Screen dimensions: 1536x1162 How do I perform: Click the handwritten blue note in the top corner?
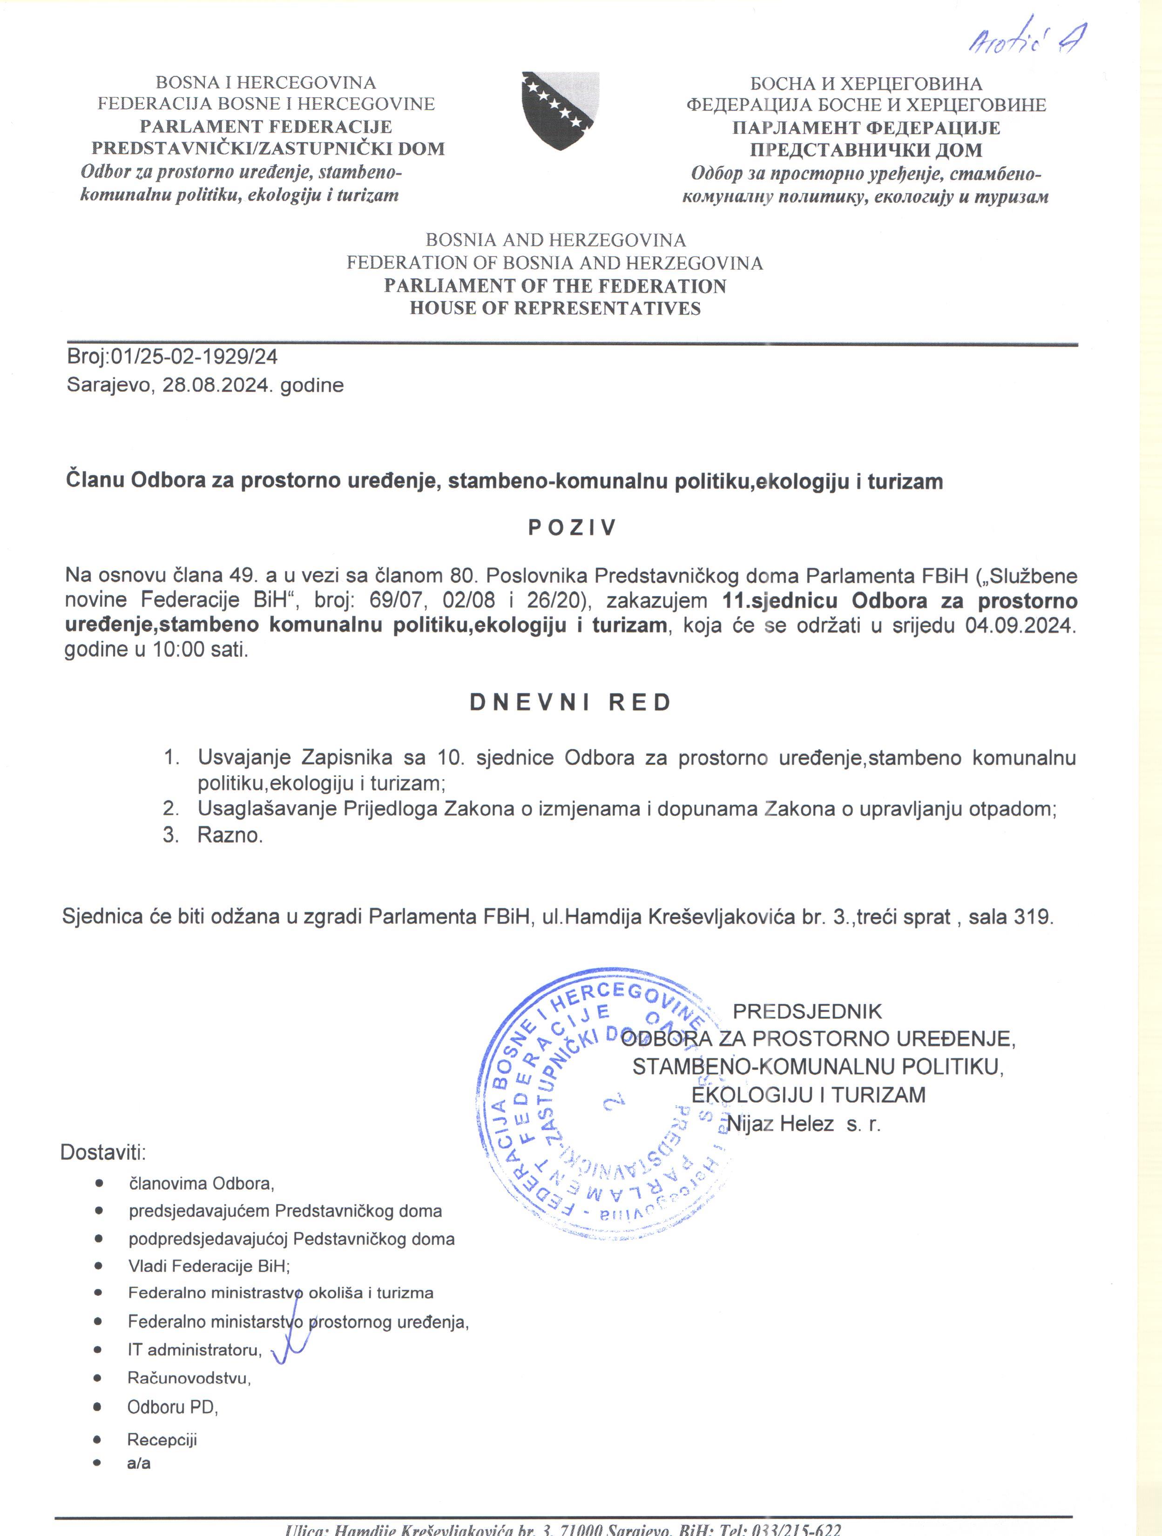(1027, 45)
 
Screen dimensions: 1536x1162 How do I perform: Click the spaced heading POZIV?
(572, 528)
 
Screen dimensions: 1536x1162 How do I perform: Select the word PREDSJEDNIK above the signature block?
(807, 1011)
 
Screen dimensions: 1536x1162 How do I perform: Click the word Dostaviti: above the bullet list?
(103, 1152)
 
